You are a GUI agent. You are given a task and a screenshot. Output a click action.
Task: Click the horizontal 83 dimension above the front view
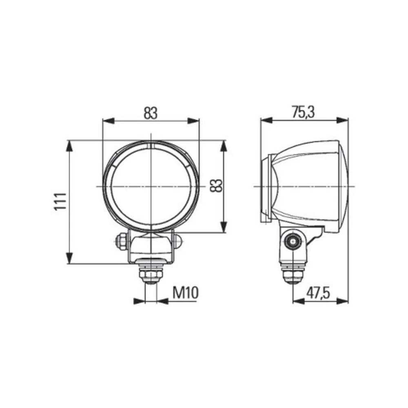[151, 113]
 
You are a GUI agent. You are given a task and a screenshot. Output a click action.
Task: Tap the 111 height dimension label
[60, 202]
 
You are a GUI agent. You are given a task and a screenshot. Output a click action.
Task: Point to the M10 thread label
[185, 293]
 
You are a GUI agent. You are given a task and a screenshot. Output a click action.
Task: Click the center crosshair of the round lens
[151, 186]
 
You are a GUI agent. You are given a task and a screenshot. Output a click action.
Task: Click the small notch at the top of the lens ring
[151, 145]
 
